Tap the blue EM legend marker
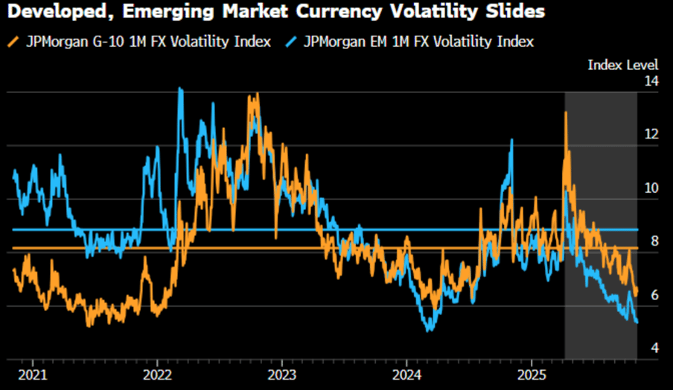coord(292,42)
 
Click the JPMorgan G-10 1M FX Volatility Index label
coord(148,42)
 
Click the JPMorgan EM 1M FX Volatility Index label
coord(418,42)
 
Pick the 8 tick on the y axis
coord(654,242)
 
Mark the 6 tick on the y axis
coord(654,295)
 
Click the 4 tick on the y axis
coord(654,349)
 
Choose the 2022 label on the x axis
coord(159,372)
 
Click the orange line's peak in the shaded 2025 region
coord(566,112)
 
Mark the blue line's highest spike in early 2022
coord(180,89)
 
